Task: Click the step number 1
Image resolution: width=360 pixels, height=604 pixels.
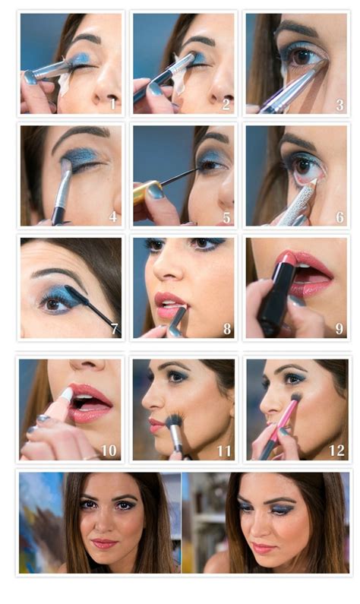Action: [112, 104]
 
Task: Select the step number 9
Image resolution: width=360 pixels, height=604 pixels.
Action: [339, 330]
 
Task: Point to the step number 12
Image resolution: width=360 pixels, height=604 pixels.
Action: [337, 451]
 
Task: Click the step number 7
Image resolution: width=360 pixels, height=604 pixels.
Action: [114, 330]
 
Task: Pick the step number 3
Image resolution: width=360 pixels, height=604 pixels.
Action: [339, 104]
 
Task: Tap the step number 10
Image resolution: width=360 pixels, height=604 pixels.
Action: [109, 451]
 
